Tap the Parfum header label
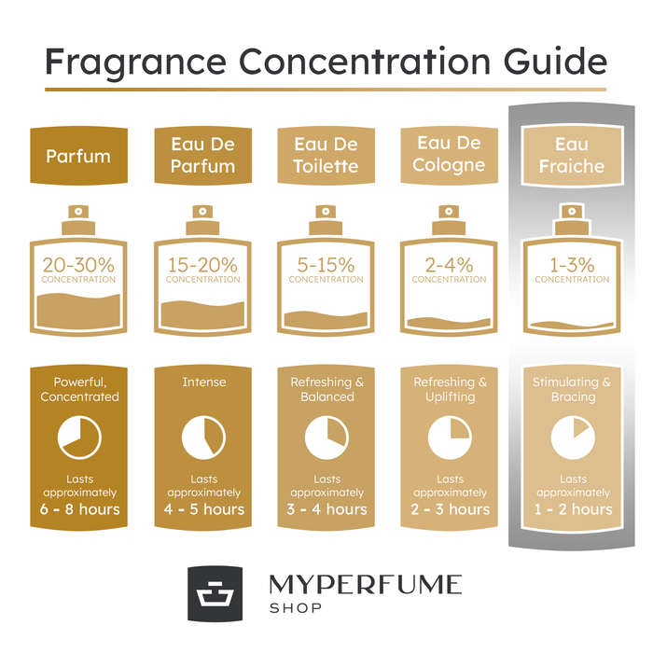tap(79, 156)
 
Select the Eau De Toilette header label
tap(326, 156)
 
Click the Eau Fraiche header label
tap(572, 156)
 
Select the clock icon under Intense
tap(202, 436)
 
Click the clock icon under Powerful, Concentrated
tap(79, 436)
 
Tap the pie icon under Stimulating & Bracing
tap(572, 436)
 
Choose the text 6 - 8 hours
tap(79, 509)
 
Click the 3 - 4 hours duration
tap(326, 509)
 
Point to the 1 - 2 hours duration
tap(572, 509)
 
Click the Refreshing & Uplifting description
tap(450, 389)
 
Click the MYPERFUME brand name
tap(365, 585)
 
